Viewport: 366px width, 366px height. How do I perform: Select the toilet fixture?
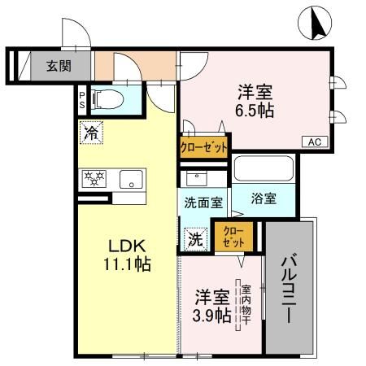click(x=108, y=99)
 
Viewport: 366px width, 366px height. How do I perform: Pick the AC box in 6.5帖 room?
click(x=315, y=142)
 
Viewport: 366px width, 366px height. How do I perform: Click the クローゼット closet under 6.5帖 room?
click(x=203, y=146)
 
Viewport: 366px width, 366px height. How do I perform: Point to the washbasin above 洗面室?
click(x=195, y=178)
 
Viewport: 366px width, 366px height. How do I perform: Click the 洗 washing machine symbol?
click(x=195, y=239)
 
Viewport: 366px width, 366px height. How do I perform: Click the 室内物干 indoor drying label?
click(x=244, y=305)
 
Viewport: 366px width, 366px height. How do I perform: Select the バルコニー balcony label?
click(x=289, y=288)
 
